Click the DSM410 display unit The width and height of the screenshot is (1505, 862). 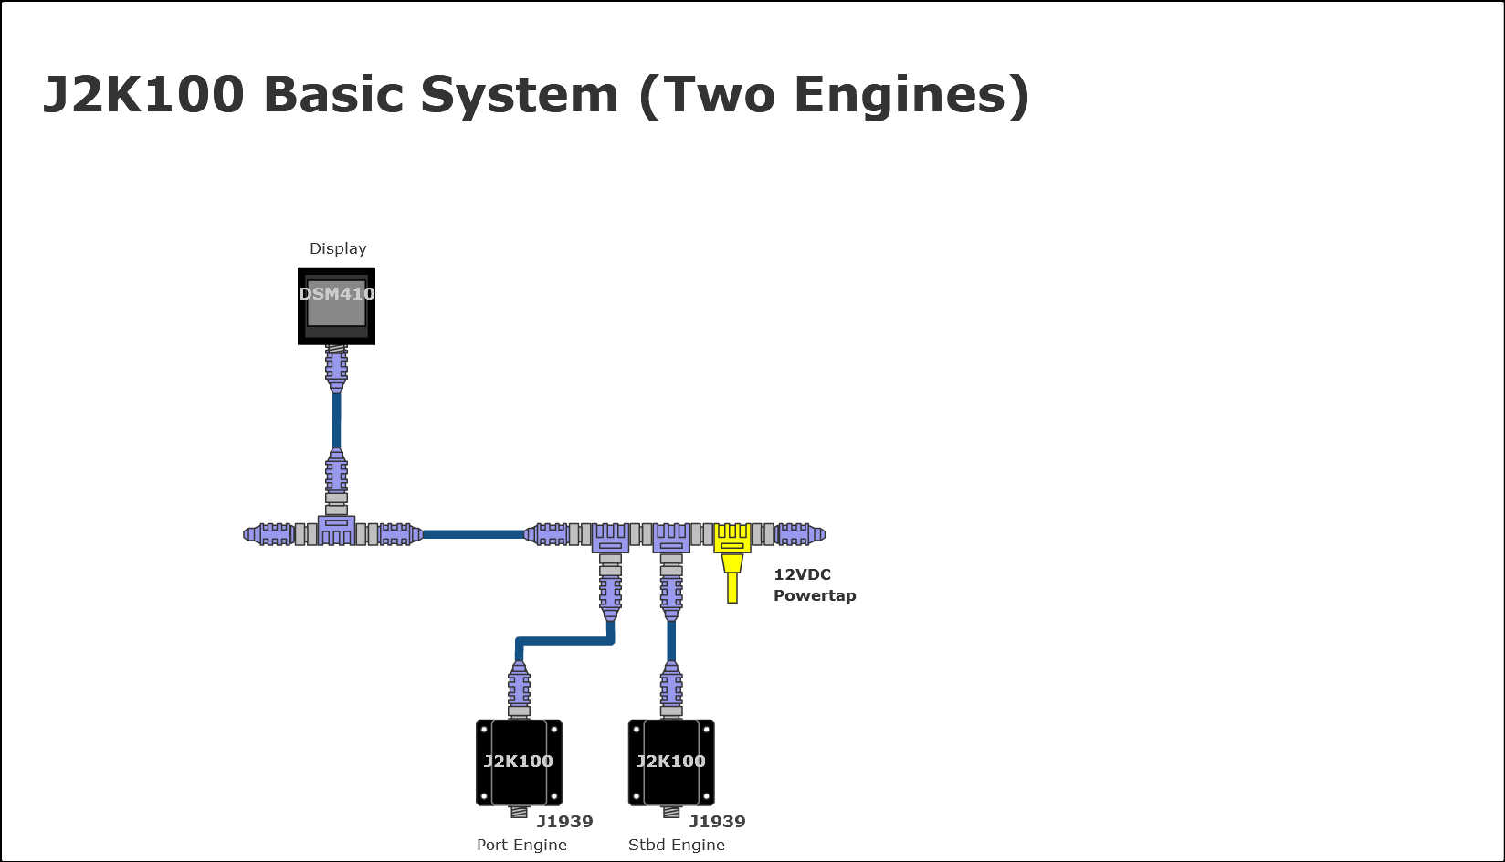click(336, 305)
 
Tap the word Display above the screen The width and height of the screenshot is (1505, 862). click(338, 248)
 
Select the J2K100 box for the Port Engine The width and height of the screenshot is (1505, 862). click(519, 762)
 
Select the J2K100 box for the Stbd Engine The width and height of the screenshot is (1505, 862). click(671, 762)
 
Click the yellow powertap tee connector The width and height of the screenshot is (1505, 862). click(732, 539)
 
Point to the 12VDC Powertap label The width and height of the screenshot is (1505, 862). click(814, 584)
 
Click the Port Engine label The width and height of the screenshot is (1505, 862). click(521, 845)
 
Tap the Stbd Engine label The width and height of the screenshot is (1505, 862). click(676, 845)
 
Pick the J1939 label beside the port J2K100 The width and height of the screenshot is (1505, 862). click(564, 821)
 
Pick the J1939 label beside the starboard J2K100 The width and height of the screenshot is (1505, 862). click(717, 821)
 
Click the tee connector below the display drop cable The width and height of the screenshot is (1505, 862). click(336, 529)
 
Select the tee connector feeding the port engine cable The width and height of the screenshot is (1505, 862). click(610, 537)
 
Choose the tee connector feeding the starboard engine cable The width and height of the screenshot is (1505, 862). click(671, 537)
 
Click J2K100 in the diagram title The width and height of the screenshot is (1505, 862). click(143, 95)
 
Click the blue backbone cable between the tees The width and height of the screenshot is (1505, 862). click(473, 534)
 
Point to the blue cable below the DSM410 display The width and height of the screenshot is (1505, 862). click(336, 420)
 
